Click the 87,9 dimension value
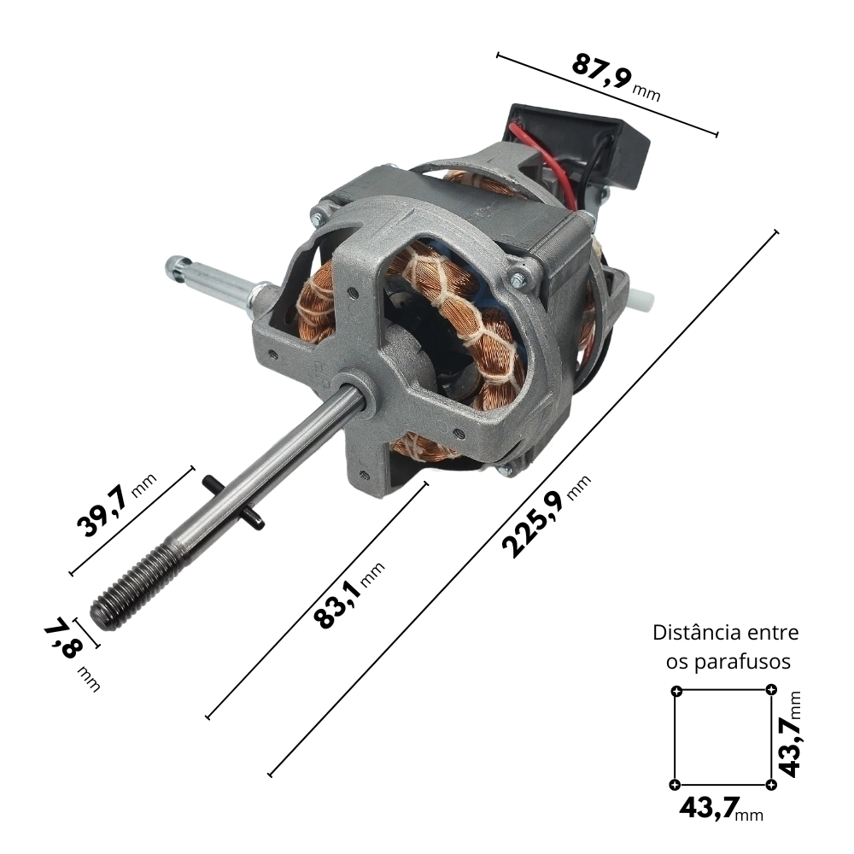click(601, 72)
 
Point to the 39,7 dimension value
click(103, 512)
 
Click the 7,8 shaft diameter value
click(62, 638)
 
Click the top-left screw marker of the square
click(676, 692)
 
